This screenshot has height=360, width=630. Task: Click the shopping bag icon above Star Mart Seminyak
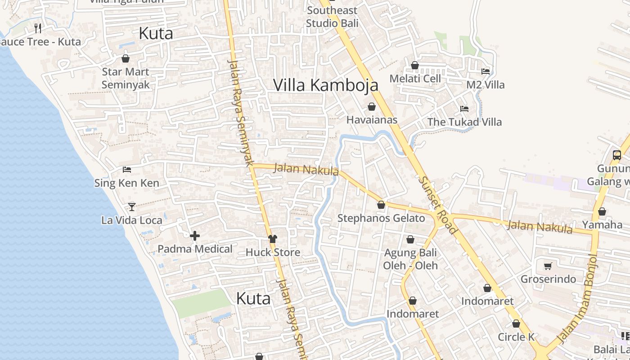click(x=126, y=58)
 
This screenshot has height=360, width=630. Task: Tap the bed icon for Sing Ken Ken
click(x=127, y=170)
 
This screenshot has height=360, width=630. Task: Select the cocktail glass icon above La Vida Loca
click(x=131, y=207)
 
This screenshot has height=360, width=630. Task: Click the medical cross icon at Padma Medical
click(x=195, y=236)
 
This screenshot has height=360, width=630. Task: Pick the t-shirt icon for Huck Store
click(x=272, y=239)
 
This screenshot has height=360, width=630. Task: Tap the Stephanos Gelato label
click(x=381, y=218)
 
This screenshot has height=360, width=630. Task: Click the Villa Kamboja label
click(x=326, y=85)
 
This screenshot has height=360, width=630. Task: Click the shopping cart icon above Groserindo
click(x=548, y=266)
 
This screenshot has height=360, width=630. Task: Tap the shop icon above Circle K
click(x=516, y=324)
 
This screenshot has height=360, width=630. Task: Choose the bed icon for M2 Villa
click(x=486, y=71)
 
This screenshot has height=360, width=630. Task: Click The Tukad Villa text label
click(x=464, y=122)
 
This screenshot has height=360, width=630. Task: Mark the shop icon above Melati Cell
click(x=415, y=66)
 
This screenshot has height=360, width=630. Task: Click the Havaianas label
click(x=372, y=120)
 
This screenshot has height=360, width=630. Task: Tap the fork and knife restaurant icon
click(x=38, y=28)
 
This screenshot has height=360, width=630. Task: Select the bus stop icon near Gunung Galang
click(x=616, y=155)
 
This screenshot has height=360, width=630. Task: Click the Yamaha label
click(x=602, y=225)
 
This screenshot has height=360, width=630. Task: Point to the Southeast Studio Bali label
click(x=332, y=17)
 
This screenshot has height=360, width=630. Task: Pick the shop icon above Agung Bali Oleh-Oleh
click(x=410, y=239)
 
